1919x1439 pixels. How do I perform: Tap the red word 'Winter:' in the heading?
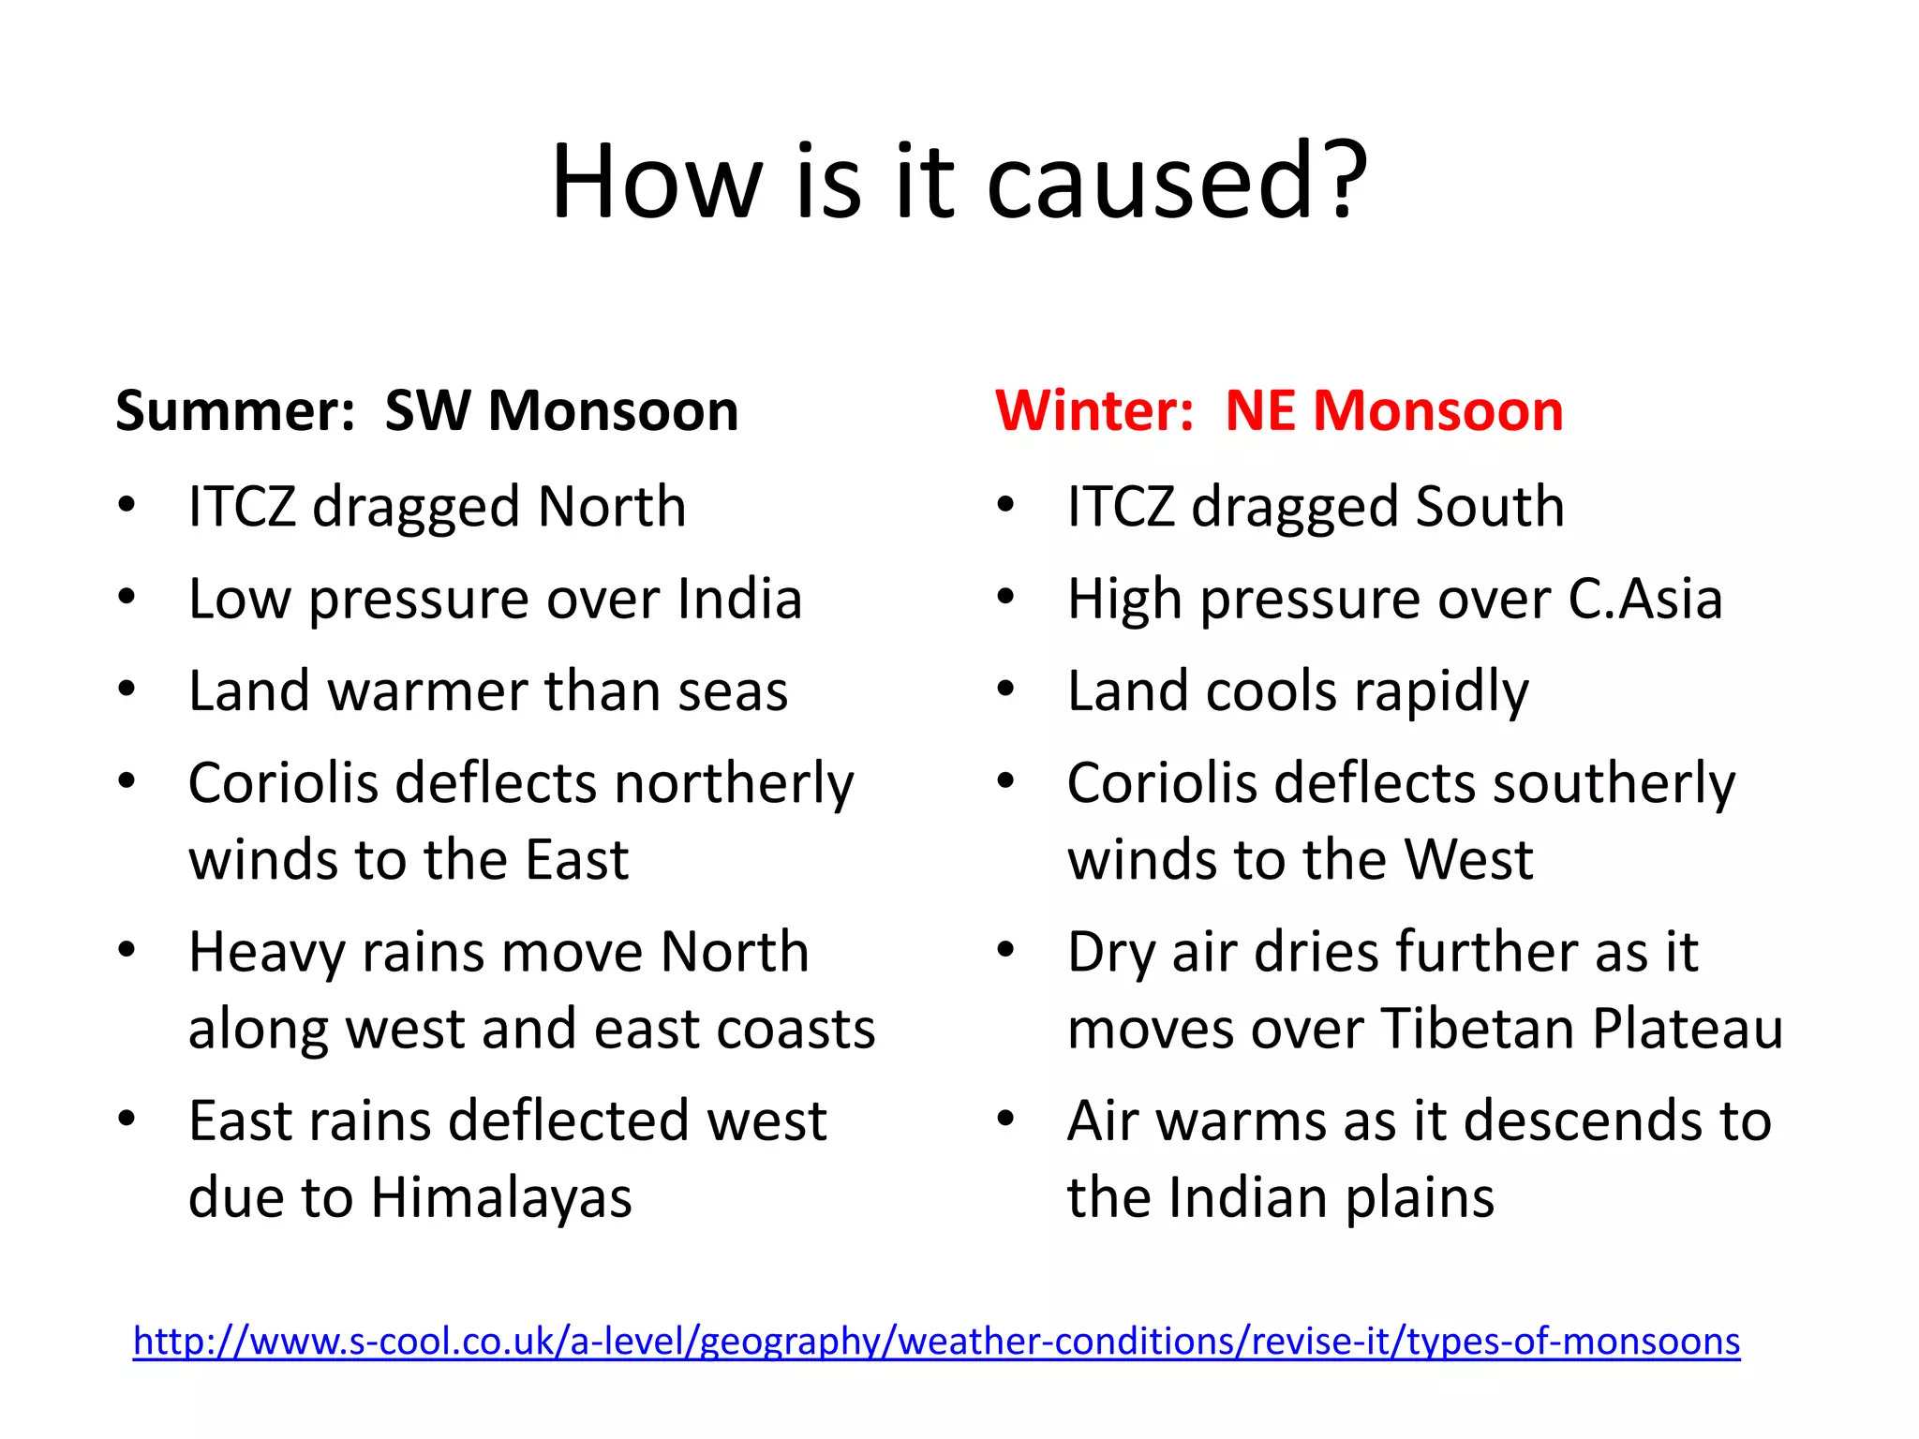point(1093,411)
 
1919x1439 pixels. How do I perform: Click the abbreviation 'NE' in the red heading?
point(1261,411)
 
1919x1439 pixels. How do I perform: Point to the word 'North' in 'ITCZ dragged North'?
point(612,507)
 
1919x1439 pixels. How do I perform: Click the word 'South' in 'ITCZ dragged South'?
point(1490,507)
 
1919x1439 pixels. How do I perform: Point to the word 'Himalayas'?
point(501,1199)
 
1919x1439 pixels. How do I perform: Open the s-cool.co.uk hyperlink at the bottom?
point(936,1342)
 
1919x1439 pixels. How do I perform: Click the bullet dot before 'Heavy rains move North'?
point(127,950)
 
